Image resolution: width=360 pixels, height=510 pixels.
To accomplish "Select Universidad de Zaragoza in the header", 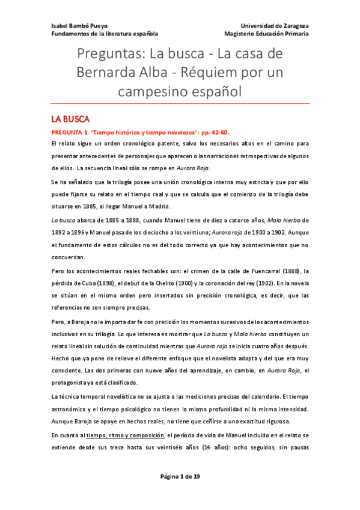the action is [275, 26].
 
